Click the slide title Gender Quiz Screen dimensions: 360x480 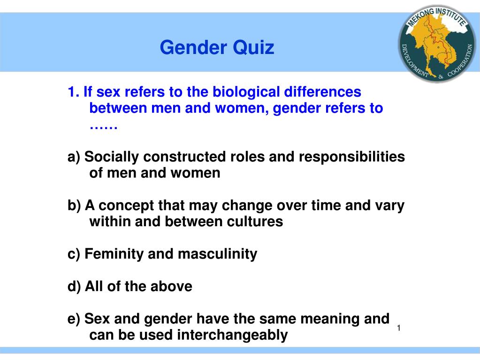[217, 47]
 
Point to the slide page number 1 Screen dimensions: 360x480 [398, 328]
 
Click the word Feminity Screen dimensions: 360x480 [114, 254]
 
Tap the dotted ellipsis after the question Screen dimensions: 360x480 [103, 126]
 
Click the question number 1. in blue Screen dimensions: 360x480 [73, 92]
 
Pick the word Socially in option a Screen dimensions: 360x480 [112, 157]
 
